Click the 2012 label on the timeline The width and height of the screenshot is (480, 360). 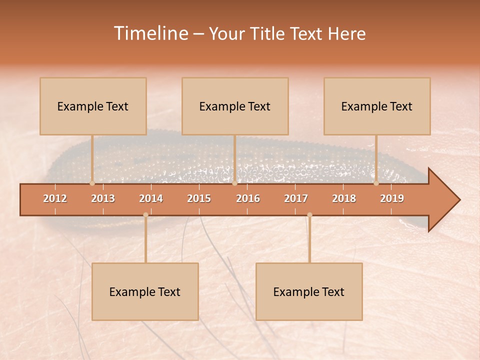(x=55, y=198)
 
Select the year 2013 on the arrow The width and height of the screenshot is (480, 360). (x=103, y=198)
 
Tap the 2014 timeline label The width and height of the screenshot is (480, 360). (x=151, y=198)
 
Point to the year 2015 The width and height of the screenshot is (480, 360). (x=199, y=198)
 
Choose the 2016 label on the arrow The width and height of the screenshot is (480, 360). (x=248, y=198)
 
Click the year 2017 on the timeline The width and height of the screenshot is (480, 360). (x=296, y=198)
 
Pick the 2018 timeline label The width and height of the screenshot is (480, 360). (x=344, y=198)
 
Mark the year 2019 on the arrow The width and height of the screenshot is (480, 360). (x=392, y=198)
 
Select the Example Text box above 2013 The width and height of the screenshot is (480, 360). (x=93, y=106)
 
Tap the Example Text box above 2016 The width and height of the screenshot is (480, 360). (x=235, y=106)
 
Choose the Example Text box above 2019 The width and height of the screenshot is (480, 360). (x=377, y=106)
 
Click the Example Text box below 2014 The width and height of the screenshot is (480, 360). (x=145, y=291)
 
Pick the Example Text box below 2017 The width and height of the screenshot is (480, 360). (x=309, y=291)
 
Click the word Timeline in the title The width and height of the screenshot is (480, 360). (x=150, y=33)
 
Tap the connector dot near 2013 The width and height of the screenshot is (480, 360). (x=92, y=183)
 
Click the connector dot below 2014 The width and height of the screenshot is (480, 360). (x=145, y=215)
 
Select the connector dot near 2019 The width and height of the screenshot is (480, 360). (x=376, y=183)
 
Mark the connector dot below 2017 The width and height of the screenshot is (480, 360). (x=309, y=215)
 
